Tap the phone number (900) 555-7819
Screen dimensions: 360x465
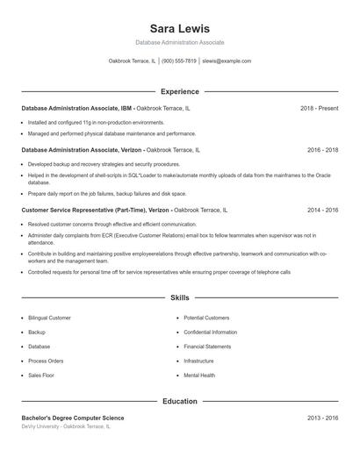tap(179, 61)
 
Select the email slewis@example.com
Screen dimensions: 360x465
tap(227, 61)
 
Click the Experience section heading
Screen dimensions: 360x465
tap(180, 91)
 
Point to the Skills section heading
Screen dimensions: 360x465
tap(180, 298)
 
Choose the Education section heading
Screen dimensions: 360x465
tap(180, 401)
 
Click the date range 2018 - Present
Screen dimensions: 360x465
tap(319, 108)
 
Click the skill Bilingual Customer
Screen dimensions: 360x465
tap(49, 318)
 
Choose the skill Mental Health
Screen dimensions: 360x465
tap(199, 376)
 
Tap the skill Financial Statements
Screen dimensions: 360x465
tap(208, 347)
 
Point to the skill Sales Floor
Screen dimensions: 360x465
tap(40, 376)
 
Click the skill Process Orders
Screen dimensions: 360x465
tap(46, 361)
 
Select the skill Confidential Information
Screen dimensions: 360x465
tap(211, 333)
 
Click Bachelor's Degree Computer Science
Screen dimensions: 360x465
tap(73, 418)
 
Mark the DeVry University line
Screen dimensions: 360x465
tap(66, 426)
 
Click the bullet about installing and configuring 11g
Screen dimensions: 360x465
tap(96, 123)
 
